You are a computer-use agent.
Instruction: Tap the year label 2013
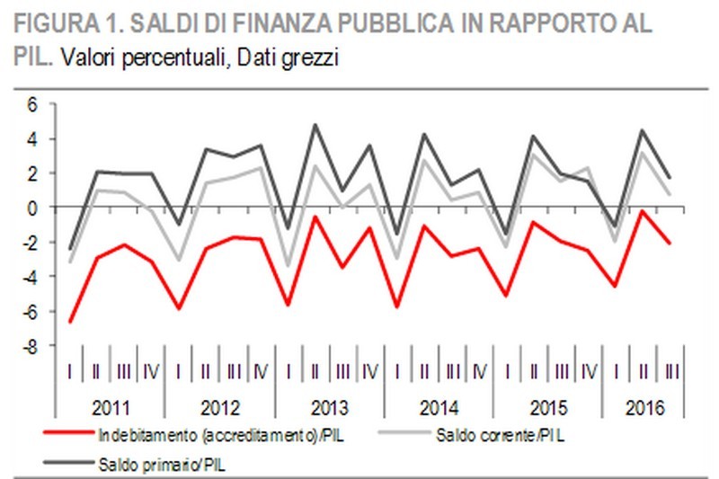click(x=329, y=406)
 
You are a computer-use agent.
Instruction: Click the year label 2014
click(x=439, y=406)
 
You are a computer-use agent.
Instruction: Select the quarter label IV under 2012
click(x=262, y=370)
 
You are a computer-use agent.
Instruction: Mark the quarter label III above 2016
click(x=670, y=370)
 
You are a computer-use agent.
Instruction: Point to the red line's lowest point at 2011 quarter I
click(x=70, y=322)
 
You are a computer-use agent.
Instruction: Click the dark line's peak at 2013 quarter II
click(x=315, y=125)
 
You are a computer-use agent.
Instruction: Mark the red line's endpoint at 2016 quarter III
click(x=670, y=243)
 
